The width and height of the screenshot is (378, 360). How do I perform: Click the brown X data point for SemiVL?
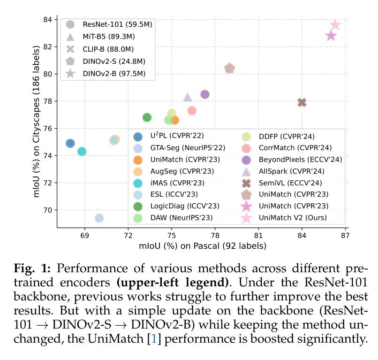[x=302, y=102]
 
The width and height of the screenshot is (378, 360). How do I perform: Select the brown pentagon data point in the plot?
[x=229, y=69]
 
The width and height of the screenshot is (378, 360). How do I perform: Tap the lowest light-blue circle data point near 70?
[x=99, y=218]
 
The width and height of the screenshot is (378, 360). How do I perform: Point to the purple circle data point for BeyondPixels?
[x=205, y=94]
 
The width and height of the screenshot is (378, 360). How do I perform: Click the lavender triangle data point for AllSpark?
[x=188, y=97]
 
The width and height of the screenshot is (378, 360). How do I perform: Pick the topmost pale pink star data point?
[x=335, y=25]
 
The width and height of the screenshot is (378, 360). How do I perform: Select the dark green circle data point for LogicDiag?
[x=147, y=117]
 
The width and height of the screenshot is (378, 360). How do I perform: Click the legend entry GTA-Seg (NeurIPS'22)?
[x=181, y=147]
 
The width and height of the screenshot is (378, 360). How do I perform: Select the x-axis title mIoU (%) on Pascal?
[x=202, y=245]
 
